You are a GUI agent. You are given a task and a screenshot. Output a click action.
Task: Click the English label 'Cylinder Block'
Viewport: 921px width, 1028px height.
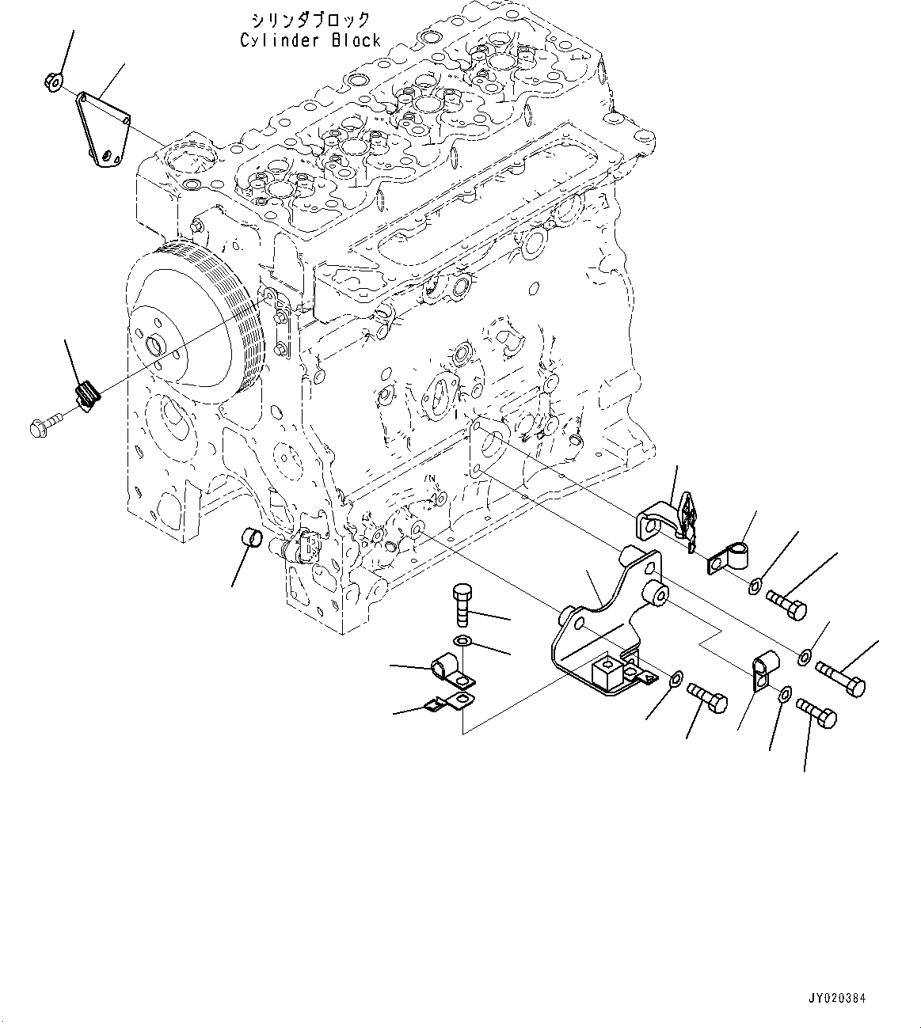click(310, 40)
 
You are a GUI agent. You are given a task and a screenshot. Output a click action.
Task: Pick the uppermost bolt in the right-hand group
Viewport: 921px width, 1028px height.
click(786, 608)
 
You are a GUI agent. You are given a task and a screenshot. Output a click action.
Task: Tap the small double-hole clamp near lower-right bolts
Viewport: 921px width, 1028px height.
click(760, 670)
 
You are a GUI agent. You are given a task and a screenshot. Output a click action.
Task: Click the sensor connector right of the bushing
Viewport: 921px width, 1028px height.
click(305, 546)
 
